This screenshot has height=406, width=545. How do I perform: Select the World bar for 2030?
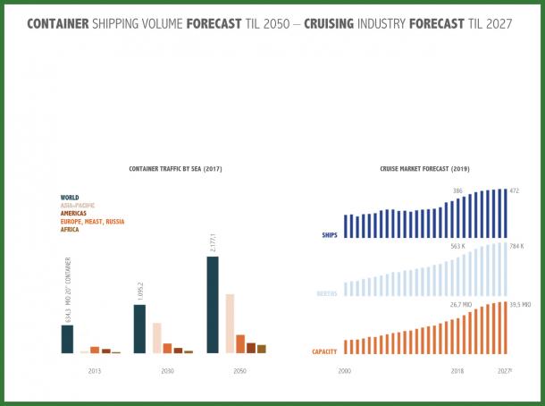(x=139, y=329)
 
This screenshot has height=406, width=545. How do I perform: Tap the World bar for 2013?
(x=67, y=339)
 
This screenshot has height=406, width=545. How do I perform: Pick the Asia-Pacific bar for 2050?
(x=229, y=323)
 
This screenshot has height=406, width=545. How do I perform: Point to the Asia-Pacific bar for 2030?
(x=156, y=338)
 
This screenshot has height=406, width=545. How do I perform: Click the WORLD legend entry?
(x=70, y=197)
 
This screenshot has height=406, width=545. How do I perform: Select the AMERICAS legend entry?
(x=75, y=213)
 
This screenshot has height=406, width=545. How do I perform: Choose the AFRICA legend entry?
(x=70, y=230)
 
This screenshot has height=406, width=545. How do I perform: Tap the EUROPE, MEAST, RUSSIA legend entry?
(x=92, y=221)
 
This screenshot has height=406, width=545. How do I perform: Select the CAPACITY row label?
(x=324, y=351)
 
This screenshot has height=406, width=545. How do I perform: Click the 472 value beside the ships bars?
(x=515, y=190)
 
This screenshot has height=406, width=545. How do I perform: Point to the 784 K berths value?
(x=516, y=246)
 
